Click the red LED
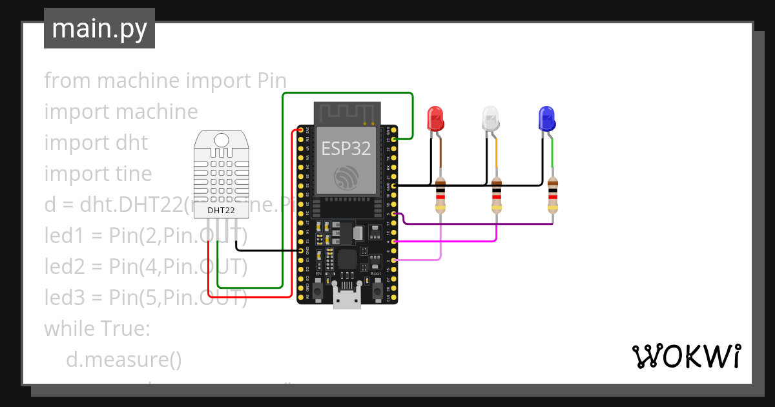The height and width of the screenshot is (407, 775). pos(435,119)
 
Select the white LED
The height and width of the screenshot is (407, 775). pos(491,119)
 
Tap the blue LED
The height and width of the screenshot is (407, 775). pos(546,119)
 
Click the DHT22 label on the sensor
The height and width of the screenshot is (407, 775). pos(221,210)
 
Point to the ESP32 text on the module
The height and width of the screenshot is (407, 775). pos(346,149)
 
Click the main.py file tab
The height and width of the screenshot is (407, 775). pos(99,28)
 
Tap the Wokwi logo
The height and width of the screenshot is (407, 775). pos(686,356)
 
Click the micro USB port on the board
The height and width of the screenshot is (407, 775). pos(347,300)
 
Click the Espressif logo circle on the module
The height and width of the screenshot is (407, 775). pos(346,178)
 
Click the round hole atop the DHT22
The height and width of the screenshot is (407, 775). pos(221,139)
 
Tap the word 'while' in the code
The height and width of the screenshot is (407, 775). pos(69,329)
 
